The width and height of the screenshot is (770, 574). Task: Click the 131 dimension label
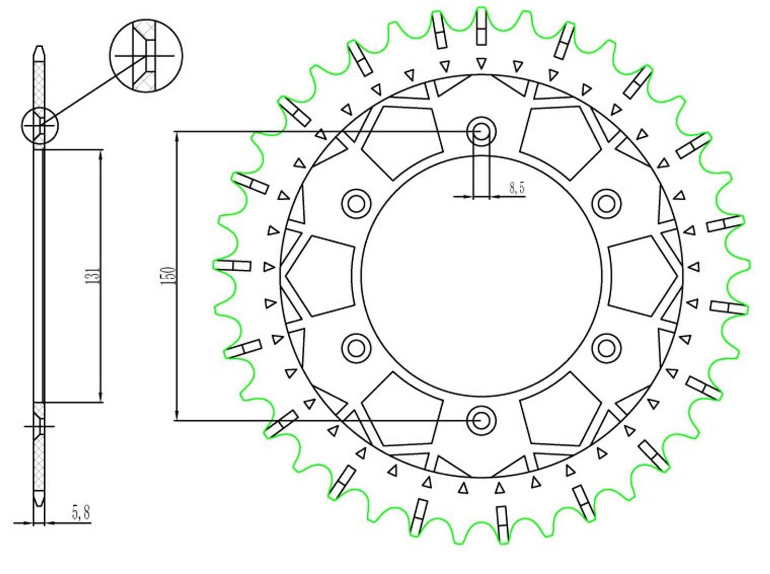pyautogui.click(x=93, y=275)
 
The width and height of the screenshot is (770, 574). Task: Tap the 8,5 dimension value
pyautogui.click(x=517, y=188)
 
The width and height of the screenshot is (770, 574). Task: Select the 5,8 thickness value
pyautogui.click(x=81, y=512)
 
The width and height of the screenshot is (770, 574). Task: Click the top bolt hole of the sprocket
pyautogui.click(x=481, y=132)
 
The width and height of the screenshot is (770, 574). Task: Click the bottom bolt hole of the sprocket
pyautogui.click(x=481, y=421)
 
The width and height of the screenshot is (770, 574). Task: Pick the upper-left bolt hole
pyautogui.click(x=356, y=204)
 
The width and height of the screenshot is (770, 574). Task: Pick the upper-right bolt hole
pyautogui.click(x=606, y=204)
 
